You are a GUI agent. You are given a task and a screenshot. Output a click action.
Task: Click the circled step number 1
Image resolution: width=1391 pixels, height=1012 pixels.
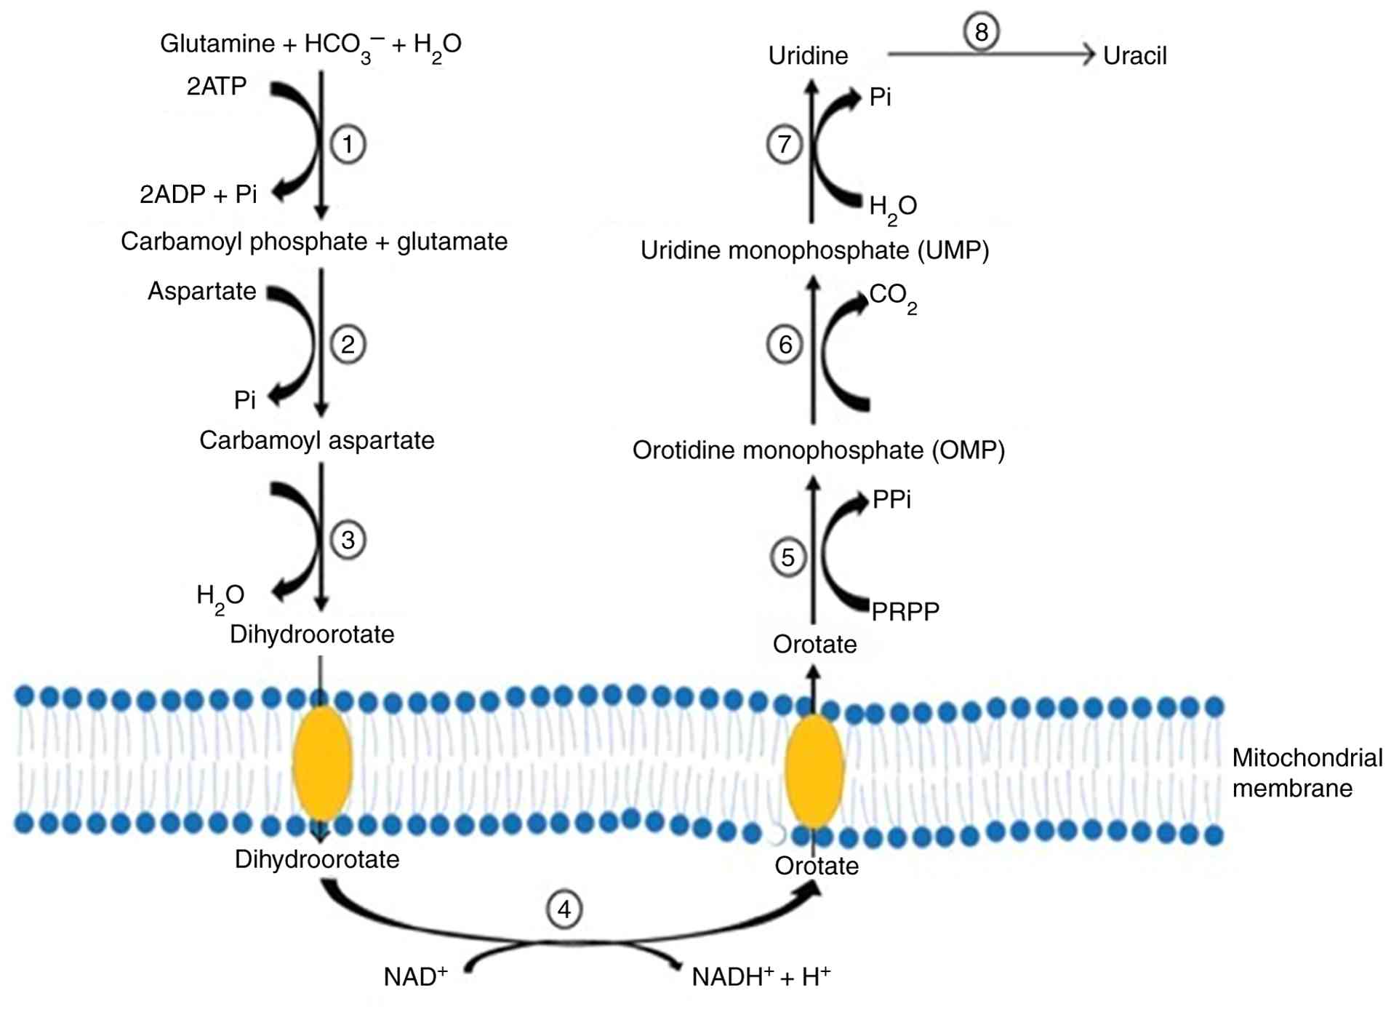click(348, 144)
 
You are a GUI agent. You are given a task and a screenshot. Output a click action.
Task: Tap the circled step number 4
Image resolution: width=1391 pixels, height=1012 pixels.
click(564, 909)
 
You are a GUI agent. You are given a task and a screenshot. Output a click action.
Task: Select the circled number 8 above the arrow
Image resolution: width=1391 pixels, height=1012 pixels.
click(981, 32)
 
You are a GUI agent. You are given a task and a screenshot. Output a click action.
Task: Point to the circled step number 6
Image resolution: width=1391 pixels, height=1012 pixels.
click(785, 344)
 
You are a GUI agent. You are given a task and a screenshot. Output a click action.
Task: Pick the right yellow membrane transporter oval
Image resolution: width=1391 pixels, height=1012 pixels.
click(814, 771)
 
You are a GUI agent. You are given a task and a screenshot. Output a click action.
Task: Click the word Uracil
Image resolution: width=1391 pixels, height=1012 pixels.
click(1134, 56)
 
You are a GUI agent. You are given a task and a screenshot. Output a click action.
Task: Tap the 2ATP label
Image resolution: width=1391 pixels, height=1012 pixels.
click(217, 87)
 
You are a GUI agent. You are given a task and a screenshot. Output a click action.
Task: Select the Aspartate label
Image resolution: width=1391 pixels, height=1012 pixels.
click(202, 291)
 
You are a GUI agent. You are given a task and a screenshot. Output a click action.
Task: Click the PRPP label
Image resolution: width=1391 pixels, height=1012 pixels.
click(905, 612)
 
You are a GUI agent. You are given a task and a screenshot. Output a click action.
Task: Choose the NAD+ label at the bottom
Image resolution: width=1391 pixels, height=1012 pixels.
click(415, 976)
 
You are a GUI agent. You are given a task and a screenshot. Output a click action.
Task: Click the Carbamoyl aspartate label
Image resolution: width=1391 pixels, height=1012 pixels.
click(317, 440)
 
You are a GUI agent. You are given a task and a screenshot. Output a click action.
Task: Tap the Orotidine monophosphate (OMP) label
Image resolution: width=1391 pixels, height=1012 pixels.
click(819, 450)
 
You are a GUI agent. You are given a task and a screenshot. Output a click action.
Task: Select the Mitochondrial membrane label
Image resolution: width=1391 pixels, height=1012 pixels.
click(1307, 773)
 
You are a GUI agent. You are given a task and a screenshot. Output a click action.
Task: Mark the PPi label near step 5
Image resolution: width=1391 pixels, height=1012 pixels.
click(891, 500)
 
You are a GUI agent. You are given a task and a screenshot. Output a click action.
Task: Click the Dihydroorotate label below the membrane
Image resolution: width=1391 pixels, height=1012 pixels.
click(317, 859)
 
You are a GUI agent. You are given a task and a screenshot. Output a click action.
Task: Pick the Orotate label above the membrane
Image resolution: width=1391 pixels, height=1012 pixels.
click(814, 645)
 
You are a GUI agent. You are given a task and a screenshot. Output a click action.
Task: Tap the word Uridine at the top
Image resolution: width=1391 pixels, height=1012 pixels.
click(808, 56)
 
